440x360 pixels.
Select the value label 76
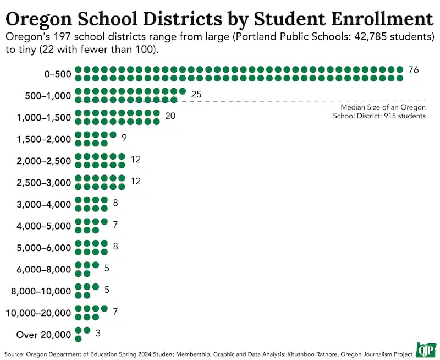[x=414, y=70]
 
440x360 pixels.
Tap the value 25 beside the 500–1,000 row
[x=196, y=95]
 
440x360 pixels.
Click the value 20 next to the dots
[x=170, y=116]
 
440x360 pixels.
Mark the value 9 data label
[x=125, y=135]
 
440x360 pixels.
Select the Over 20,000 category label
[x=44, y=335]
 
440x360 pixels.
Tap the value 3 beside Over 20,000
[x=98, y=333]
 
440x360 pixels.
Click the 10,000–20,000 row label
[x=38, y=313]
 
